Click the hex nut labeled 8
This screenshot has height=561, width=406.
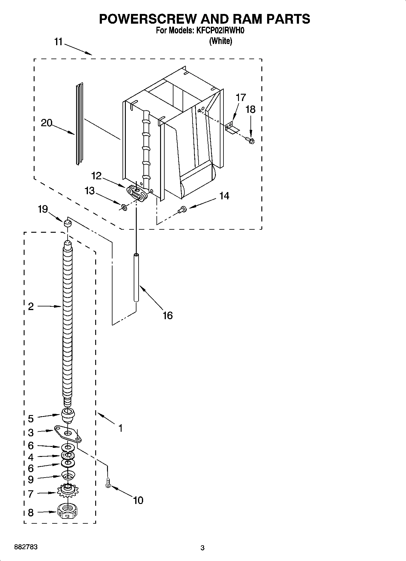pos(68,513)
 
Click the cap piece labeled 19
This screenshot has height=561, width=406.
pos(67,224)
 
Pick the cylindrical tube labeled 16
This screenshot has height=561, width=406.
pos(136,278)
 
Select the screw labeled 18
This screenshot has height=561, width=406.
pos(250,140)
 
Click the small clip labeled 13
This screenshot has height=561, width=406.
pos(123,207)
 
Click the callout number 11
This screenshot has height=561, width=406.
pos(58,42)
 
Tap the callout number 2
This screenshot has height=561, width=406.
pos(31,306)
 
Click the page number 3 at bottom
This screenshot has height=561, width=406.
pos(202,548)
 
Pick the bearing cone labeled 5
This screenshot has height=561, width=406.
pos(68,415)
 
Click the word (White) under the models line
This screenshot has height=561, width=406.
pos(220,41)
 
